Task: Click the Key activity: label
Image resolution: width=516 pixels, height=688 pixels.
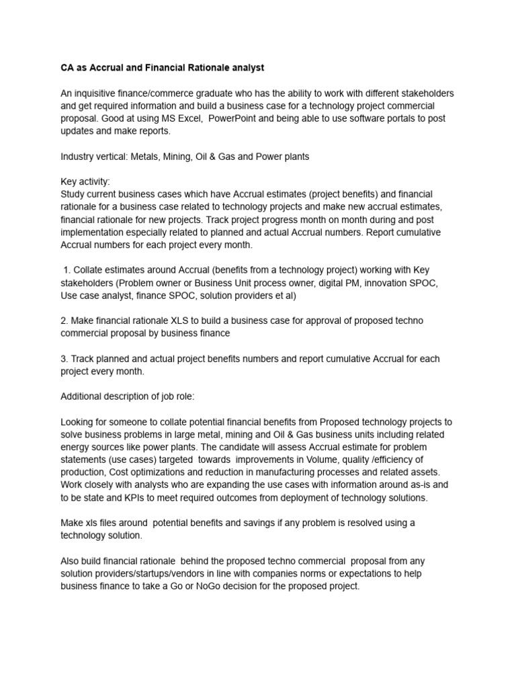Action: click(85, 182)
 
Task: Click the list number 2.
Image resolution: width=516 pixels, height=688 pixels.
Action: click(64, 321)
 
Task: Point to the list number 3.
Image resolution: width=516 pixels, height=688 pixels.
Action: click(64, 359)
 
